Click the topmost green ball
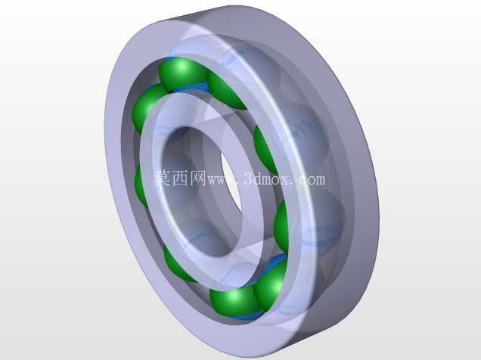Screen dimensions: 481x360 pos(181,73)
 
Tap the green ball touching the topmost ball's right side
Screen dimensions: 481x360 pos(225,91)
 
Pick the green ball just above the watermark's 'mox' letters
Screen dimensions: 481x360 pos(265,151)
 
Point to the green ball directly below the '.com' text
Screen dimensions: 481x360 pos(281,225)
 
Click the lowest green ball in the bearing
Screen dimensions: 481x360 pos(234,301)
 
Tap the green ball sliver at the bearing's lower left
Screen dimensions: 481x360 pos(178,266)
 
